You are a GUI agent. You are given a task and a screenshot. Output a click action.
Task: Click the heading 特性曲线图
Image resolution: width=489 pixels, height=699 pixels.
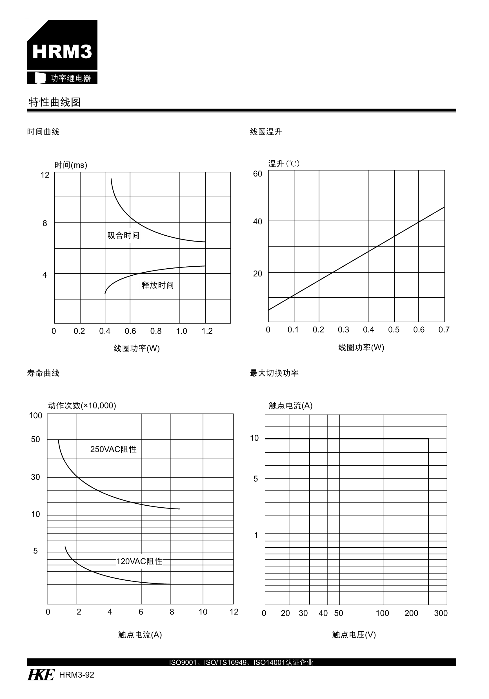click(x=54, y=102)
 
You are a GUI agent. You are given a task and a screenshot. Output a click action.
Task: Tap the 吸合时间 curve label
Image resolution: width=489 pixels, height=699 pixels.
click(x=123, y=235)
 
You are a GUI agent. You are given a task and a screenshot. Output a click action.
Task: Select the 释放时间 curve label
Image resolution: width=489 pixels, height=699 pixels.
click(x=157, y=285)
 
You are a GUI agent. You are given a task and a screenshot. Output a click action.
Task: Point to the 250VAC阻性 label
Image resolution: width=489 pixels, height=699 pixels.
click(x=113, y=449)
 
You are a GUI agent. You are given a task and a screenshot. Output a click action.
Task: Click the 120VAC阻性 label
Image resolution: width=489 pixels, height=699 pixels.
click(x=139, y=561)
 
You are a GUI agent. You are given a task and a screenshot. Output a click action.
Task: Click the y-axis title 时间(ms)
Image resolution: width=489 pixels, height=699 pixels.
click(x=71, y=165)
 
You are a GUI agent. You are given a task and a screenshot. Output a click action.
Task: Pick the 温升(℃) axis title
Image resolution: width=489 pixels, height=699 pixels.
click(x=284, y=164)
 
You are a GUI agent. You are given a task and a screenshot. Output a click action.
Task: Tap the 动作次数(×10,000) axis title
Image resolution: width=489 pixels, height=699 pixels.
click(x=82, y=406)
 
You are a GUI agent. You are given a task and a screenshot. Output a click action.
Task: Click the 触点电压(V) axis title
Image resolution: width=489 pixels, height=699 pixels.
click(x=354, y=634)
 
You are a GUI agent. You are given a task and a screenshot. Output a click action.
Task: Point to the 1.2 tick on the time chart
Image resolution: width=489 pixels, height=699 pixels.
click(x=207, y=331)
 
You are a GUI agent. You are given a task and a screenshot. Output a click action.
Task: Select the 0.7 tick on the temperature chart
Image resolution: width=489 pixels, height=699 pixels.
click(x=444, y=330)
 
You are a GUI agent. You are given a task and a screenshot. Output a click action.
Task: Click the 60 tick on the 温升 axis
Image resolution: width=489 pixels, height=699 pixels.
click(x=257, y=174)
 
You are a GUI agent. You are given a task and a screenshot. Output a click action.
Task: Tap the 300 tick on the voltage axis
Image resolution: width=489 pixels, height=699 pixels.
click(x=441, y=613)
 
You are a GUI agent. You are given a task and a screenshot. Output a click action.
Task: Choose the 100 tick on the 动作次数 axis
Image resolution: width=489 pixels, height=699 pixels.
click(x=35, y=415)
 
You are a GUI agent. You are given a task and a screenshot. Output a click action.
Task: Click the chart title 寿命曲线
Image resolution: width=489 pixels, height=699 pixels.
click(x=43, y=373)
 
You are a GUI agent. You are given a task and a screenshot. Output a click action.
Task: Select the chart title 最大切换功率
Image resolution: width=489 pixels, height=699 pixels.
click(x=274, y=373)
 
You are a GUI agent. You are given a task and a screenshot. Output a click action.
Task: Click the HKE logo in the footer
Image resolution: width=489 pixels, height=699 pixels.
click(x=41, y=675)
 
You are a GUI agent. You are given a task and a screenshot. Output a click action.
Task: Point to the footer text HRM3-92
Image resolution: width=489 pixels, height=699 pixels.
click(x=77, y=675)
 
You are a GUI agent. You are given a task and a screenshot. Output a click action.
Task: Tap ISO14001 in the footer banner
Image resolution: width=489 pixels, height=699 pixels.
click(x=269, y=662)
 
